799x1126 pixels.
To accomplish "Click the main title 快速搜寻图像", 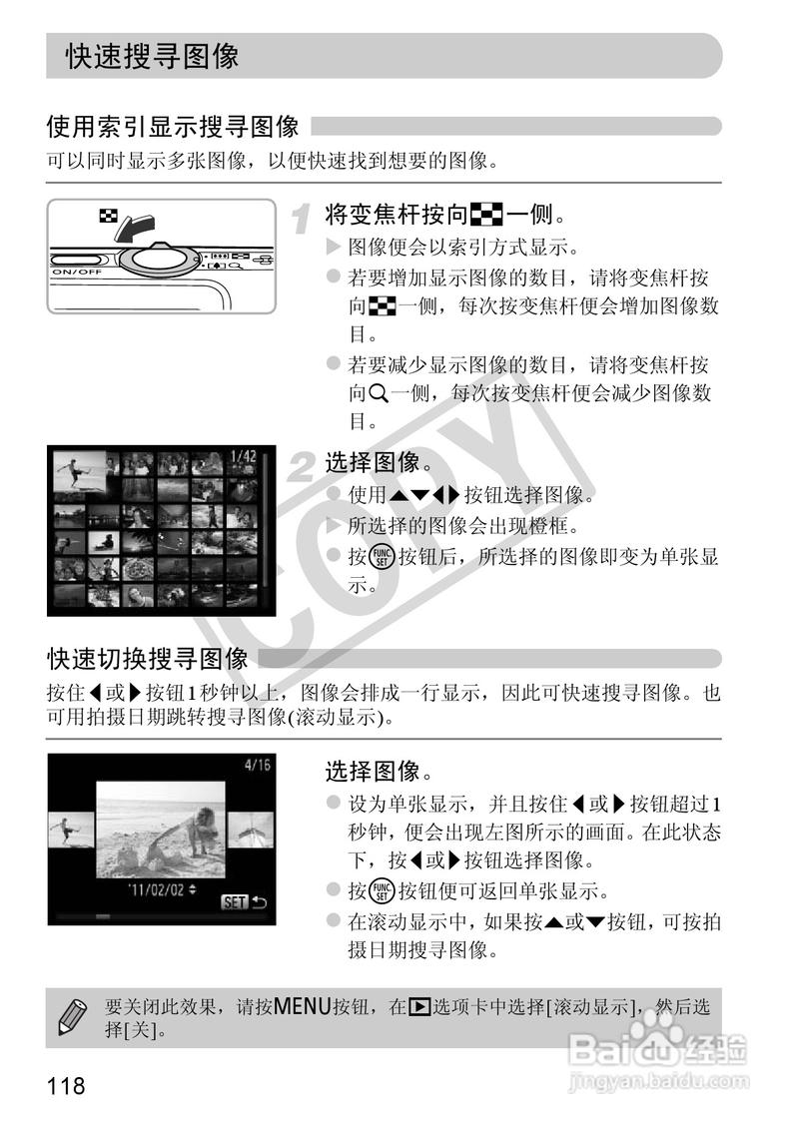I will point(153,56).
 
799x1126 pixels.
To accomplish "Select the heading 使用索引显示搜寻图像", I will point(173,127).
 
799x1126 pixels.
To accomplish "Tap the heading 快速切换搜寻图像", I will point(148,659).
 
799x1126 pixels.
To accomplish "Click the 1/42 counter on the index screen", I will point(243,457).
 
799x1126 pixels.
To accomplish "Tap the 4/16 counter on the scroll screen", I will point(257,766).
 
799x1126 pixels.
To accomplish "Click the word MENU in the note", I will point(301,1006).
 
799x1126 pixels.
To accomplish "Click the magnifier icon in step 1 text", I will point(378,394).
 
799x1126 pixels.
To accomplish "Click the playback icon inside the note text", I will point(419,1007).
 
